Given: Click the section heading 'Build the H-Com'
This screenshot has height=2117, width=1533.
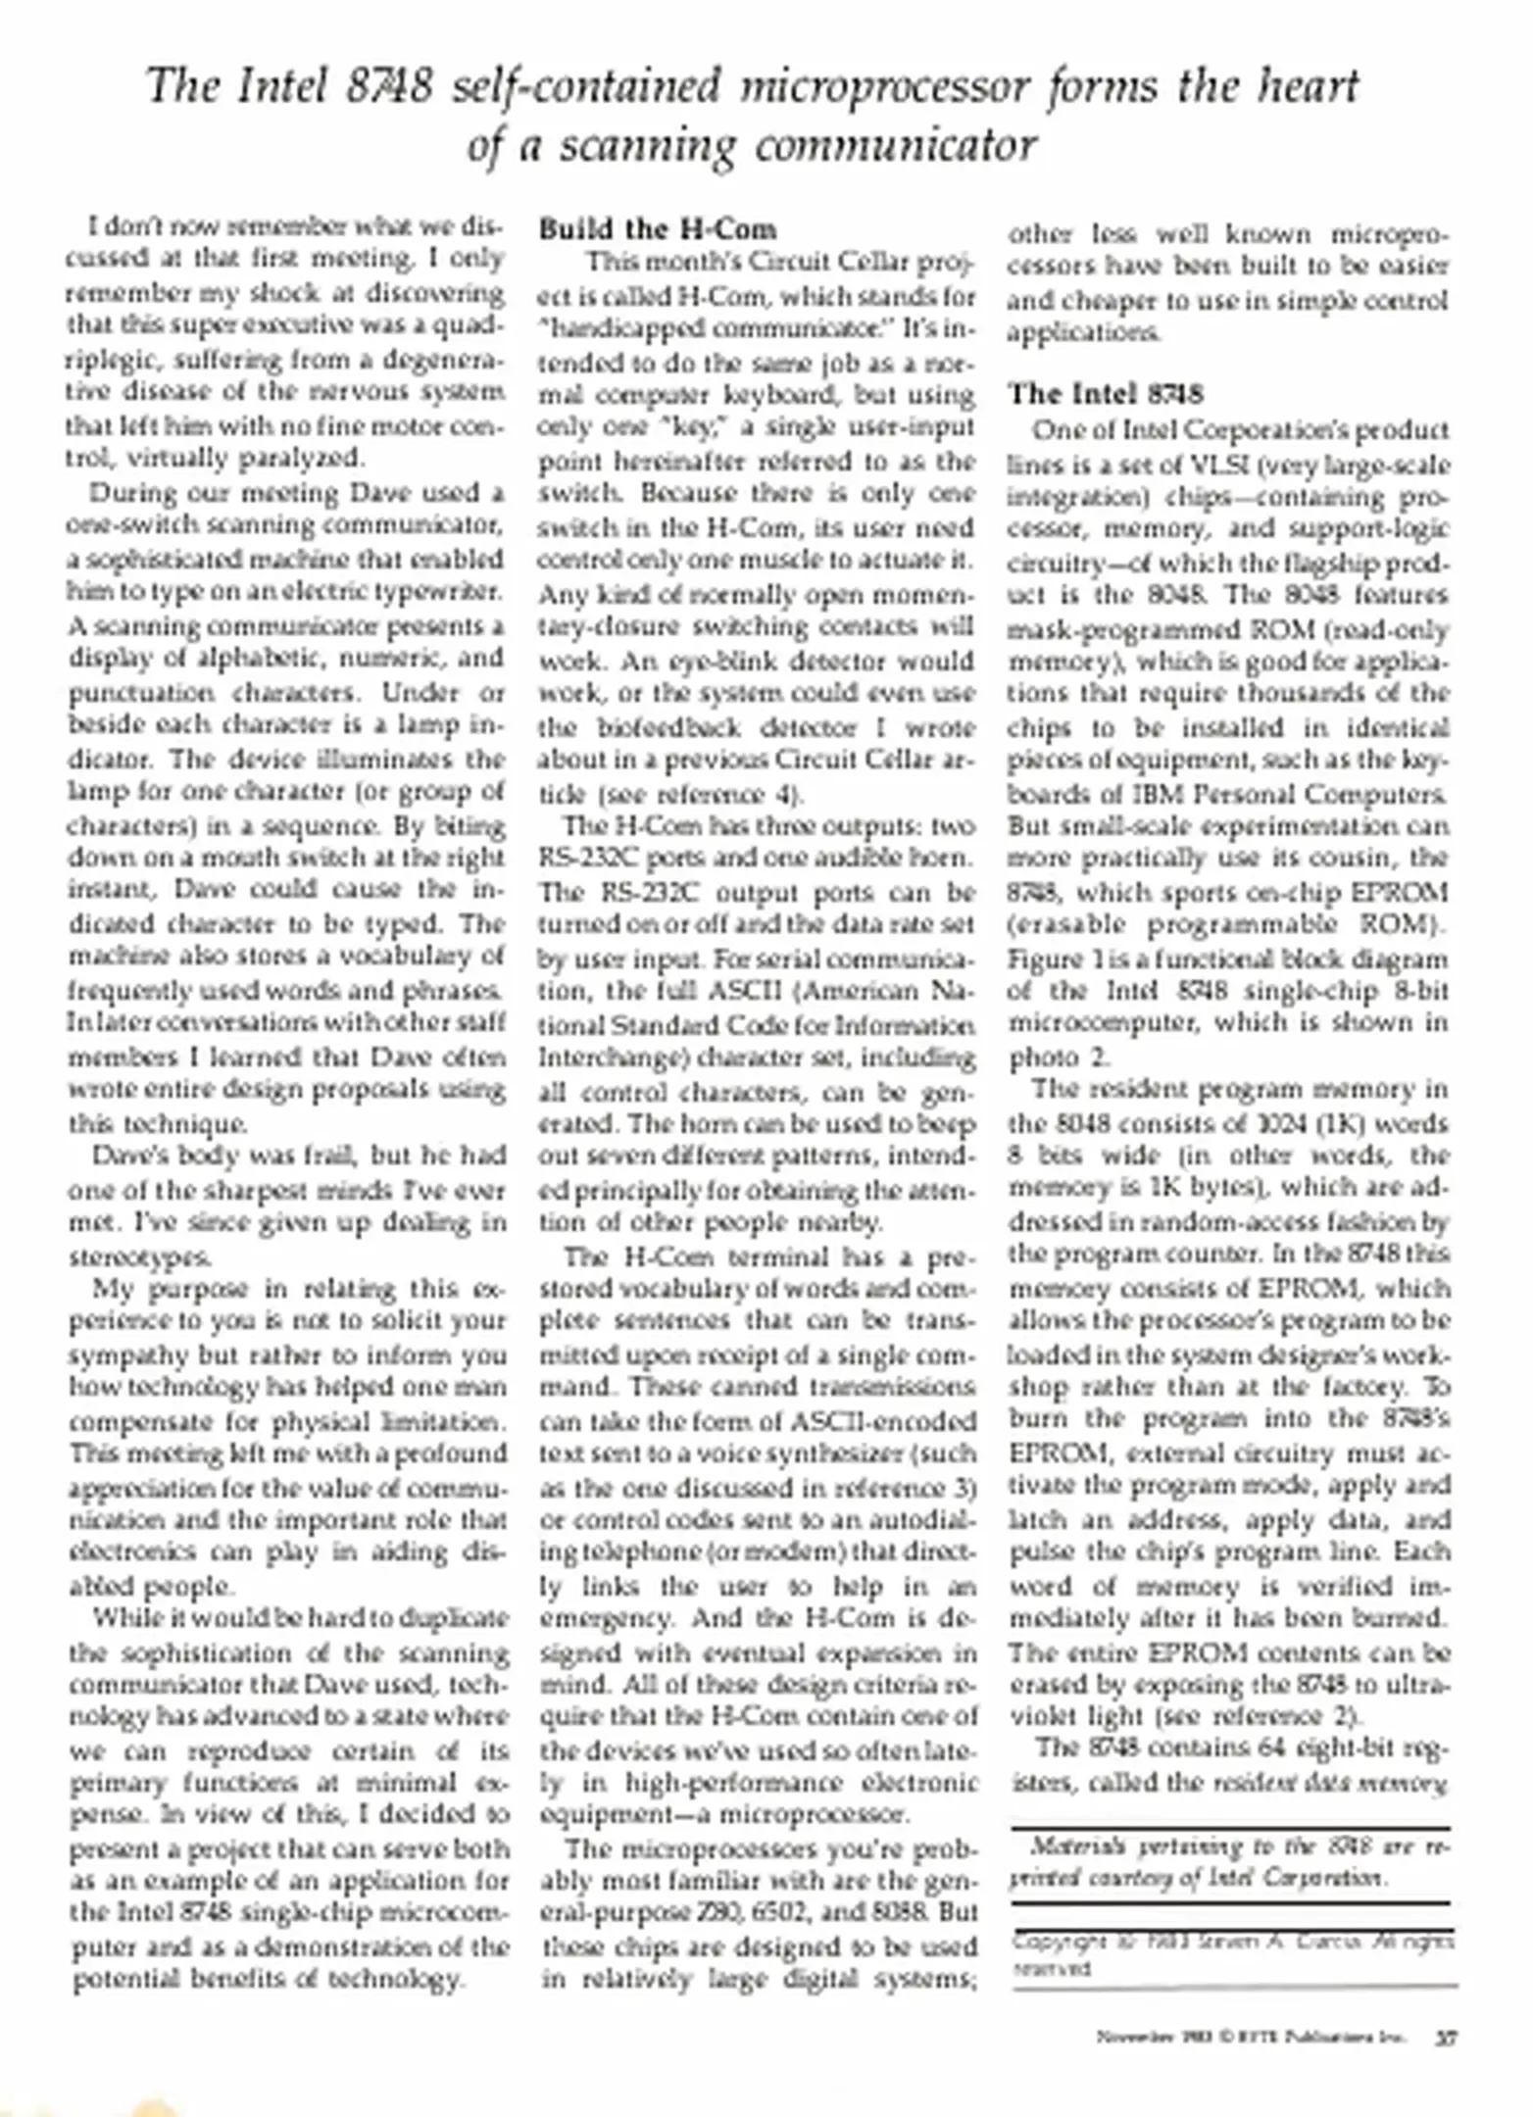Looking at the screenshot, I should pos(658,229).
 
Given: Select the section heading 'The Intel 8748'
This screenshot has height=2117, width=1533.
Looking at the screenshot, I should pos(1105,394).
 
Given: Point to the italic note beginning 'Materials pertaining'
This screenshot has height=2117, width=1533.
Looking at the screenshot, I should pos(1230,1863).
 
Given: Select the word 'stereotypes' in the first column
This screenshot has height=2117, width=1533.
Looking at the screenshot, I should pos(140,1256).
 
